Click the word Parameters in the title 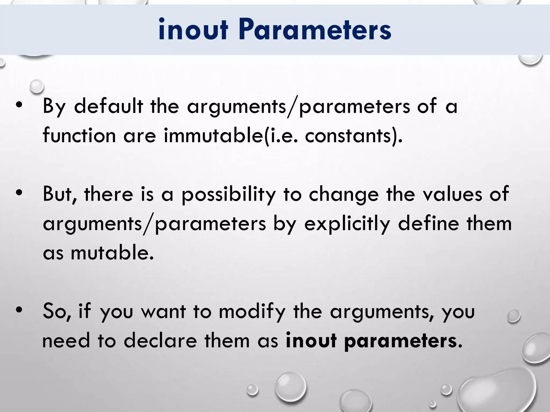tap(315, 30)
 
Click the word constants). tap(354, 136)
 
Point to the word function tap(79, 136)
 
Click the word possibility tap(229, 195)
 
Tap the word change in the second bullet tap(343, 195)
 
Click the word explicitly tap(347, 224)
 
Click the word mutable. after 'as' tap(112, 253)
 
